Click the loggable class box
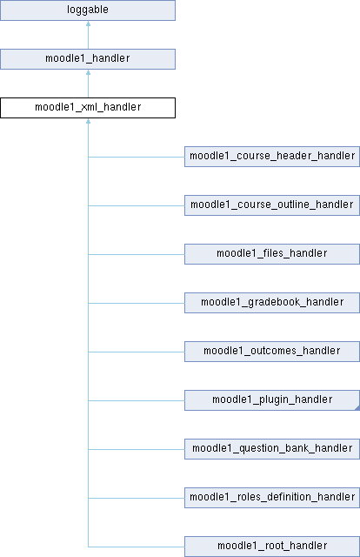pos(88,10)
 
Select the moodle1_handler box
pos(88,59)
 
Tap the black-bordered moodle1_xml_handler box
pos(88,108)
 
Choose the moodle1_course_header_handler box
pos(272,157)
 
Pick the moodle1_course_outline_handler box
pos(272,205)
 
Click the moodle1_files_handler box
pos(272,254)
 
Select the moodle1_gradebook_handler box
pos(272,303)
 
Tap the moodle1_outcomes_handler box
pos(272,352)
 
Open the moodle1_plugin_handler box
pos(272,400)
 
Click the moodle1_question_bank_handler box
pos(272,449)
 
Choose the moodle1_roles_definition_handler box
pos(272,497)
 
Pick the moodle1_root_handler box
pos(272,547)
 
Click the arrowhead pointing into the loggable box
pos(88,23)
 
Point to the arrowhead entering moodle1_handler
pos(88,72)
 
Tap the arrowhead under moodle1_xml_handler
pos(88,121)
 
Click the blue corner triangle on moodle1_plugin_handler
pos(357,408)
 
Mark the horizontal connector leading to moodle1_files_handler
pos(137,254)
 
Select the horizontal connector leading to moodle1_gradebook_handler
pos(137,303)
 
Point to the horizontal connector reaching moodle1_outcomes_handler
pos(137,352)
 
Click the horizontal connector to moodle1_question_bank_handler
pos(137,449)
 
